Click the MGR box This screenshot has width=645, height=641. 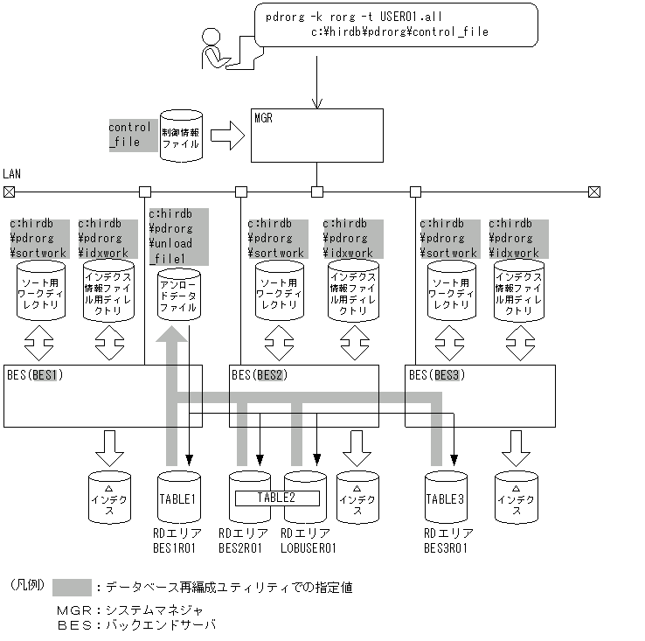point(316,136)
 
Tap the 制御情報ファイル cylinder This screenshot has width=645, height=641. point(181,136)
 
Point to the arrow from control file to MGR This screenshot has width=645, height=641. point(226,136)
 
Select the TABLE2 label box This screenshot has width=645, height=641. point(276,498)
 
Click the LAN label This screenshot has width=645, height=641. point(11,175)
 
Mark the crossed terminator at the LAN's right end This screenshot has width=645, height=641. point(594,192)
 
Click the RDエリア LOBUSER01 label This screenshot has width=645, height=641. point(308,540)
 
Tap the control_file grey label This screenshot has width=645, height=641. point(129,134)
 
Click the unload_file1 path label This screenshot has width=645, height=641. point(177,235)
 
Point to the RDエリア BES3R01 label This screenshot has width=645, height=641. point(449,540)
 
